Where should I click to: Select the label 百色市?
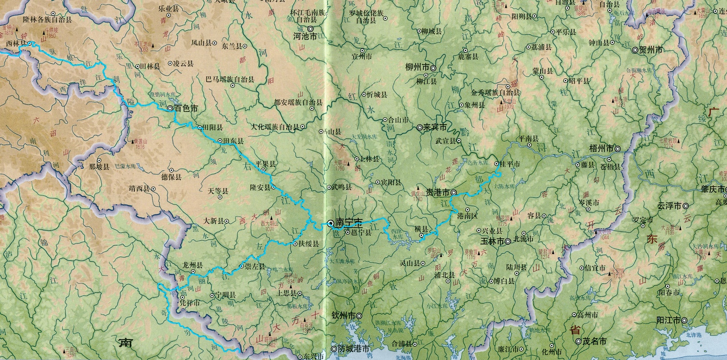[186, 108]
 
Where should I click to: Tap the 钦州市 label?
[343, 316]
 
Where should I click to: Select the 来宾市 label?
[435, 127]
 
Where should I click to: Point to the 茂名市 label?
[595, 341]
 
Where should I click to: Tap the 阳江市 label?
[669, 320]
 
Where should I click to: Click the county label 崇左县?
[254, 267]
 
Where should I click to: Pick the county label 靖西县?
[139, 188]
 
